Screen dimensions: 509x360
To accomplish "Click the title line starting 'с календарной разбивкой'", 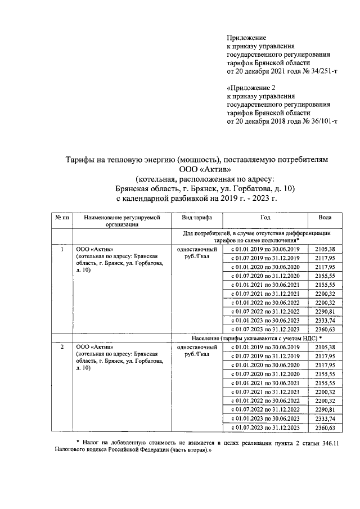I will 196,199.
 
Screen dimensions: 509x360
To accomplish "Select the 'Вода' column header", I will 325,218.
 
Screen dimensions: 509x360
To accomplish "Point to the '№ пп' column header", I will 61,218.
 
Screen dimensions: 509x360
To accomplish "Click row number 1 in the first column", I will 61,248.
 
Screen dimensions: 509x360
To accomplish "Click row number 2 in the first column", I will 61,347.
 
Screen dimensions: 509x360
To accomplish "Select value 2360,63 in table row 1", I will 325,329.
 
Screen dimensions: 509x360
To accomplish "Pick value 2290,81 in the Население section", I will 325,410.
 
